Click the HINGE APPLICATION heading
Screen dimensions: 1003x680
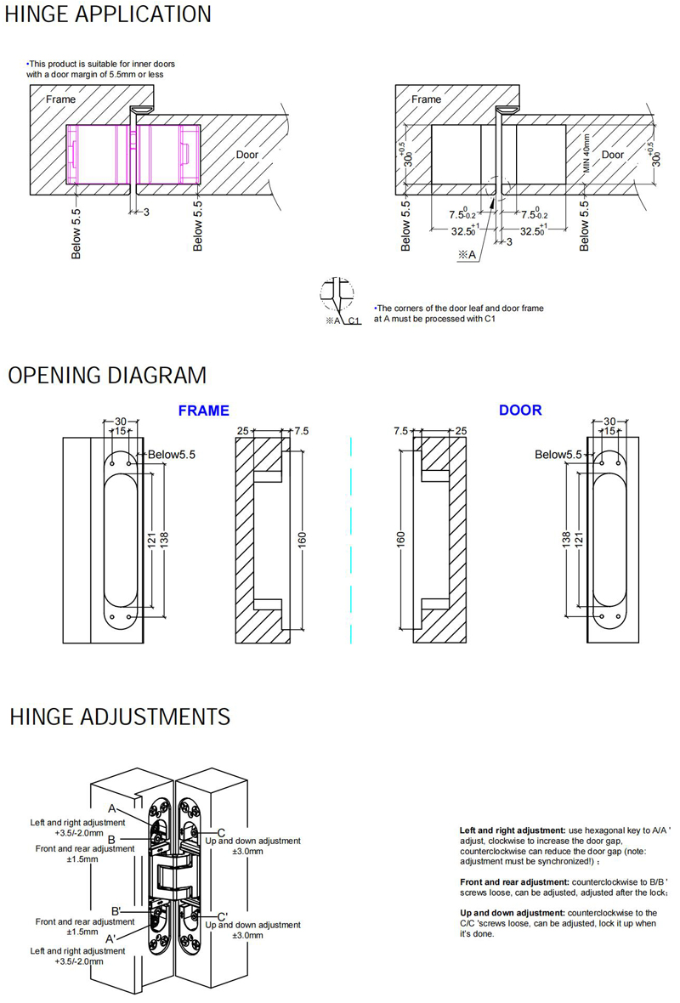[x=108, y=14]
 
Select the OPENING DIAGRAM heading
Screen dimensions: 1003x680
[x=107, y=375]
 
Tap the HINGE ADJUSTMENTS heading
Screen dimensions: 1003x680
[x=120, y=717]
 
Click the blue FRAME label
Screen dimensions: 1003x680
[x=203, y=411]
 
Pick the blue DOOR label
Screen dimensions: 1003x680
[x=519, y=410]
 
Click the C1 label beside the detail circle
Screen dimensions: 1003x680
[x=355, y=320]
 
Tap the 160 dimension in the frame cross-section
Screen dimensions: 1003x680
[x=303, y=539]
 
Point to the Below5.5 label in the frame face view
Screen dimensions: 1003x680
[x=172, y=455]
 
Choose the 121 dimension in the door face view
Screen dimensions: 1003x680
[x=579, y=537]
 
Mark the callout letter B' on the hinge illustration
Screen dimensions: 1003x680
[x=116, y=911]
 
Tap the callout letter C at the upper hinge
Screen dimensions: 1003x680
[x=221, y=831]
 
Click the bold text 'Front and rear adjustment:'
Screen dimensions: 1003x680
[x=515, y=882]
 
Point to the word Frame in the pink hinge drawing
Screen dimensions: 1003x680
[x=60, y=99]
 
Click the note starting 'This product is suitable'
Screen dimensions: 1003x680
[x=101, y=69]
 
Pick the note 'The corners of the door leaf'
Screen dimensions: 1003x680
[x=459, y=314]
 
